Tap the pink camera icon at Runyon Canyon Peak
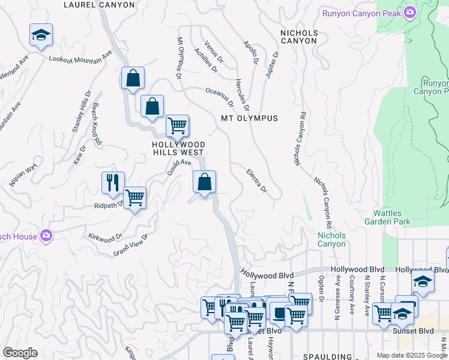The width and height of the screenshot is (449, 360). [410, 13]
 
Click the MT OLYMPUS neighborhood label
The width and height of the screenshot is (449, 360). [249, 118]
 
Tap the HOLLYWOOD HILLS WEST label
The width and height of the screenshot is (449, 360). [179, 149]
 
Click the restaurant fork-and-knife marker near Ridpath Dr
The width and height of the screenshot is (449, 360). [113, 183]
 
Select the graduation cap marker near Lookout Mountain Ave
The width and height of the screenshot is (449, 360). [41, 35]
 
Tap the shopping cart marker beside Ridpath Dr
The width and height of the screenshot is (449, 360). [135, 198]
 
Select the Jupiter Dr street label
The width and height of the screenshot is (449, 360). [271, 64]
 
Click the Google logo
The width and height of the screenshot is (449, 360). [20, 353]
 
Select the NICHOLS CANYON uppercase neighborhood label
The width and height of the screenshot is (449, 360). [298, 36]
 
